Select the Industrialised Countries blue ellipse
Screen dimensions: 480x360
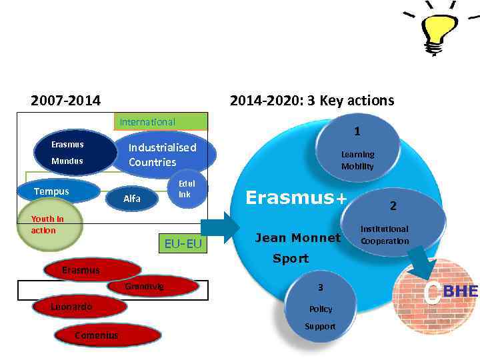coord(164,155)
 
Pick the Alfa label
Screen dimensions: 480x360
coord(132,199)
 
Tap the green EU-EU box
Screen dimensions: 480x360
coord(183,244)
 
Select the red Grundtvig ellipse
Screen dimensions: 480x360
coord(153,287)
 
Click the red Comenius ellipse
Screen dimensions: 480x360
coord(97,335)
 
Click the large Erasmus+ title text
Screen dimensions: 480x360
coord(297,197)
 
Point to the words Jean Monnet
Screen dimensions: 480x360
coord(298,237)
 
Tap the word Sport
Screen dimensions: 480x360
coord(291,259)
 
